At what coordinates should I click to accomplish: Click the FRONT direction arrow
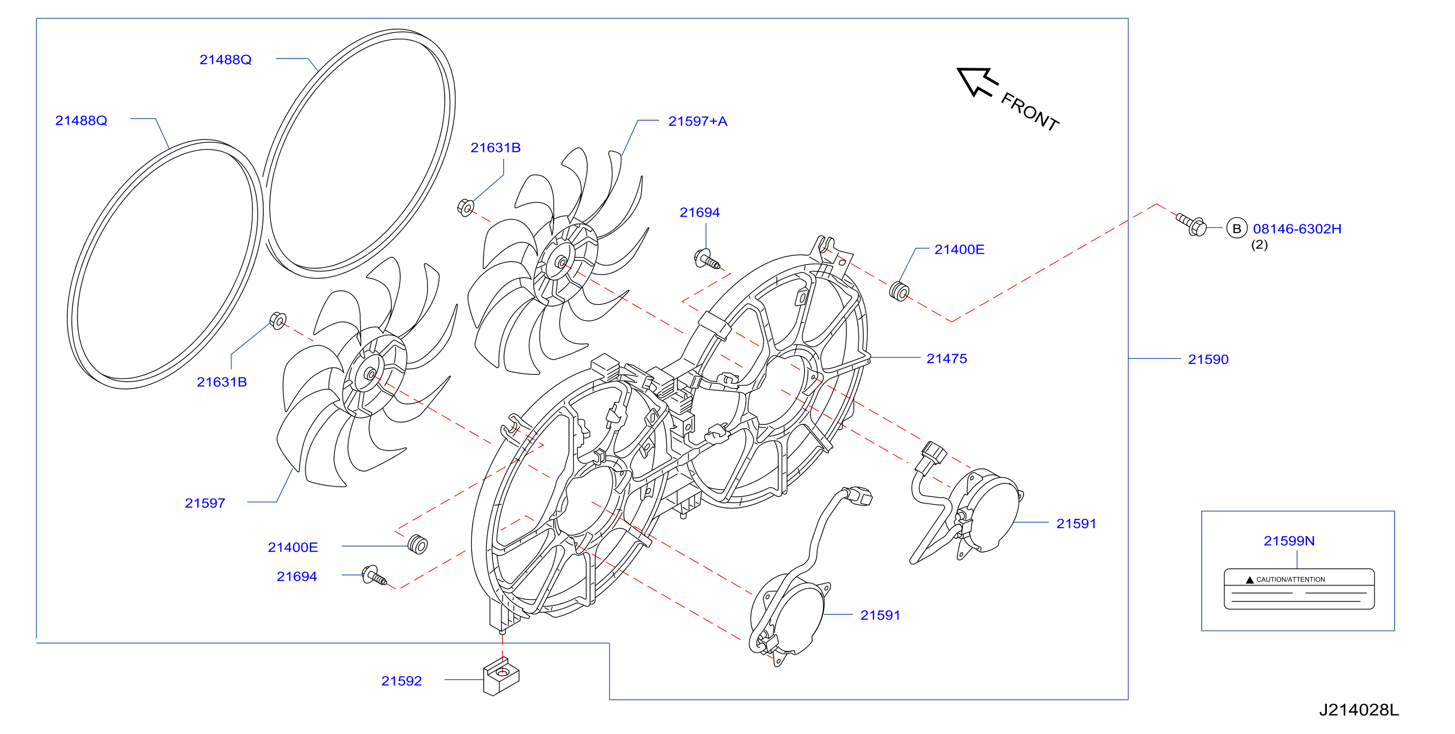click(x=977, y=83)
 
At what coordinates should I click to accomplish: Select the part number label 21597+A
click(x=698, y=121)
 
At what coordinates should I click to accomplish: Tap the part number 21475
click(x=946, y=359)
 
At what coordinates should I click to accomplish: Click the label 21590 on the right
click(x=1208, y=360)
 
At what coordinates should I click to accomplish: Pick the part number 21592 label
click(x=401, y=681)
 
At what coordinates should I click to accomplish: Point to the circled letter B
click(x=1236, y=229)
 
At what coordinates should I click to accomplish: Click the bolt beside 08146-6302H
click(x=1191, y=225)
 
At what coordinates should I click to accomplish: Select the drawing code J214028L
click(x=1359, y=710)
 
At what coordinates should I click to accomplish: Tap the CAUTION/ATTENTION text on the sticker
click(x=1291, y=579)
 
